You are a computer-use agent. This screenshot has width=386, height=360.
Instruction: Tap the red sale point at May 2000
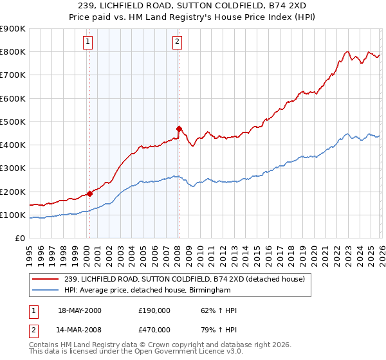89,194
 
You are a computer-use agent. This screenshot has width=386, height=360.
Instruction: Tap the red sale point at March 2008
179,128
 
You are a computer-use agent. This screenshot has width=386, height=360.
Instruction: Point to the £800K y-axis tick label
14,52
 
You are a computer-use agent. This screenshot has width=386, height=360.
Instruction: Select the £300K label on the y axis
14,168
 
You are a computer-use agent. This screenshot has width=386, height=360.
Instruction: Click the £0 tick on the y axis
21,239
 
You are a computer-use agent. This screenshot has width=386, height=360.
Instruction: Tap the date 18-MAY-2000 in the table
79,310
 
